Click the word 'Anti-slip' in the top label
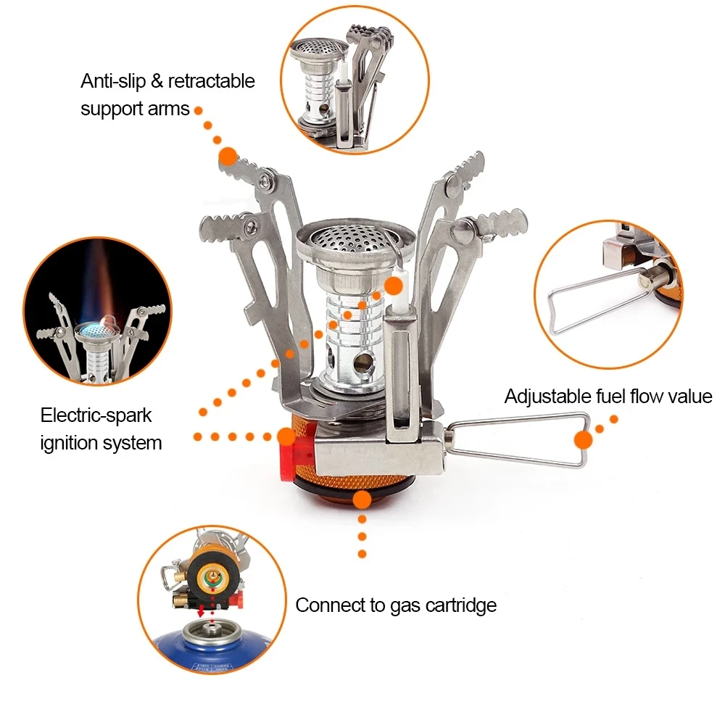pos(113,81)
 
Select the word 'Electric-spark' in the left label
pos(96,415)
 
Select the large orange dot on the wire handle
pos(583,439)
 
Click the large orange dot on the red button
pos(286,436)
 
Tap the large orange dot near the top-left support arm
pos(228,155)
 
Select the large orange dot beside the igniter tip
pos(394,286)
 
